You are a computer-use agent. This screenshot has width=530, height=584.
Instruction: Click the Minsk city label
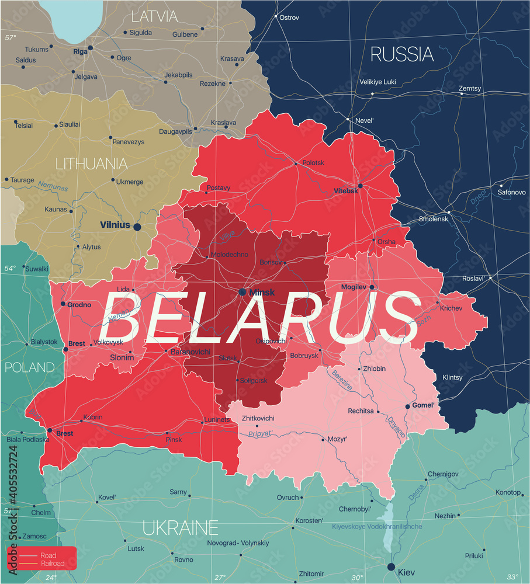(x=262, y=292)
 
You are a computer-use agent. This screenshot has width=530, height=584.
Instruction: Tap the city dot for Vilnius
(x=137, y=227)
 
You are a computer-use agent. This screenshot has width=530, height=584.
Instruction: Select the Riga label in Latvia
(x=80, y=51)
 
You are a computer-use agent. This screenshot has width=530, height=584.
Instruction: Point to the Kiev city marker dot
(x=391, y=566)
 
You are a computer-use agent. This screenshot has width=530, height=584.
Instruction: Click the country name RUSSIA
(x=403, y=54)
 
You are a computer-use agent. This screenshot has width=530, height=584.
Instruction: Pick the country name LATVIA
(x=154, y=16)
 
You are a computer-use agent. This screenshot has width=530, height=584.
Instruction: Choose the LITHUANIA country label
(x=91, y=164)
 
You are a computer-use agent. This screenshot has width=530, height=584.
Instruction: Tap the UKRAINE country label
(x=181, y=528)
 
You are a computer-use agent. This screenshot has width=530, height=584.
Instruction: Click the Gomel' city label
(x=424, y=405)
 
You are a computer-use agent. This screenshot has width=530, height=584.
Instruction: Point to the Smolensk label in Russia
(x=434, y=219)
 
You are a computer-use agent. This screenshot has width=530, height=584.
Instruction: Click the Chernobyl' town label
(x=355, y=509)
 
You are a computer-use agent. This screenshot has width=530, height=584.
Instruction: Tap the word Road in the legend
(x=49, y=555)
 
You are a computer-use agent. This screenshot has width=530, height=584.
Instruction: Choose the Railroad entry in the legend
(x=53, y=563)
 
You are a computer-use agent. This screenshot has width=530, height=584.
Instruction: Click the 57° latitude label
(x=11, y=38)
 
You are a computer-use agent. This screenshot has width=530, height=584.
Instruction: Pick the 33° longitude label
(x=512, y=577)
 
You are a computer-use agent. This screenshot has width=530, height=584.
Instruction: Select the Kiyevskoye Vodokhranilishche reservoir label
(x=377, y=527)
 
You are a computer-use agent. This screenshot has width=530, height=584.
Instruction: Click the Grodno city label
(x=79, y=304)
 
